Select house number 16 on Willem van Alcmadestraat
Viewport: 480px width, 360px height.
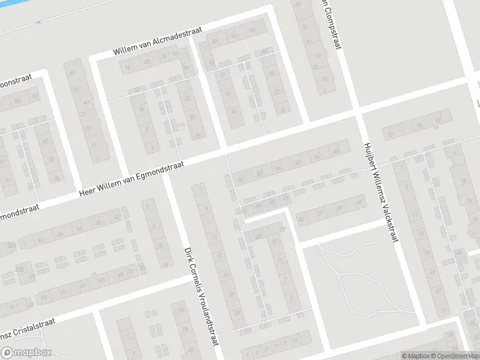(x=128, y=68)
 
